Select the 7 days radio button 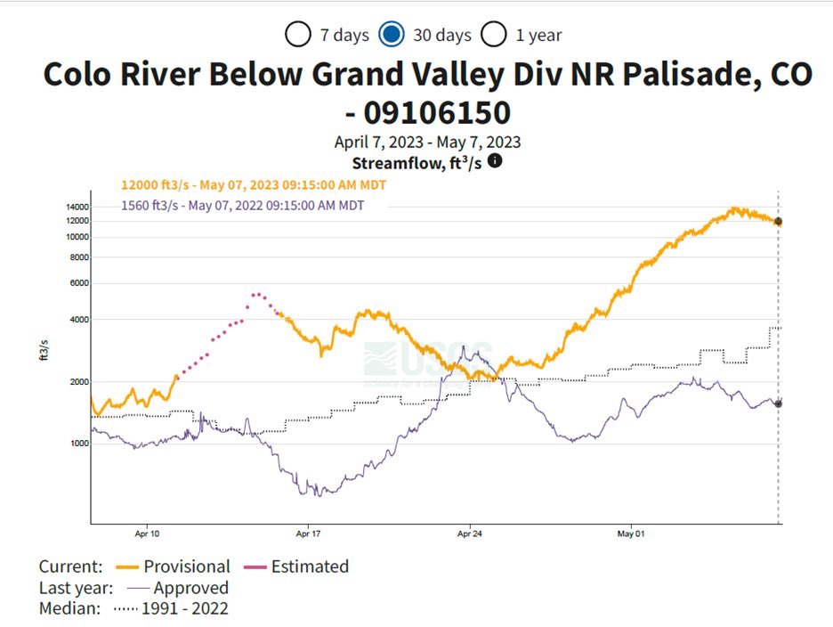coord(298,35)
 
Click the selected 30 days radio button coord(392,35)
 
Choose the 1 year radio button coord(494,35)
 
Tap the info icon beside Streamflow coord(495,161)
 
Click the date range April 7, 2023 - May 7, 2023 coord(427,142)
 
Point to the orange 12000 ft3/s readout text coord(254,184)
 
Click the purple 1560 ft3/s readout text coord(242,205)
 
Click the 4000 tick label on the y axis coord(77,320)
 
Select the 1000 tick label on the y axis coord(77,444)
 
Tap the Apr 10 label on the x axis coord(147,534)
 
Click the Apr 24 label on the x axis coord(470,534)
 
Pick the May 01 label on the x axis coord(629,534)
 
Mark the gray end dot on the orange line coord(778,221)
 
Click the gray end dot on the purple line coord(778,403)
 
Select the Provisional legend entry coord(187,566)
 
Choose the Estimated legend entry coord(310,566)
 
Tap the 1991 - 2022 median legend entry coord(190,609)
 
